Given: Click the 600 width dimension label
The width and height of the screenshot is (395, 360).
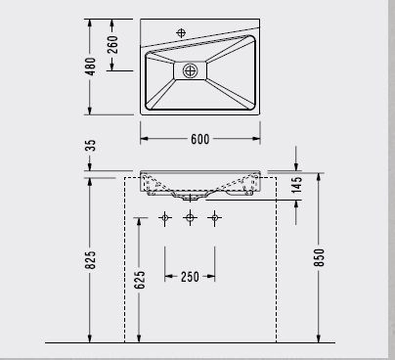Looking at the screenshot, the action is (x=199, y=139).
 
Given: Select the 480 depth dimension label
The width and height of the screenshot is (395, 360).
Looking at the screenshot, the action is (x=90, y=67).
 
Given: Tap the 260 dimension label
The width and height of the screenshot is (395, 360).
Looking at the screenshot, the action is (x=112, y=45).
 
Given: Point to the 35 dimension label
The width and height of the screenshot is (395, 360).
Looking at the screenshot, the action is (x=91, y=146).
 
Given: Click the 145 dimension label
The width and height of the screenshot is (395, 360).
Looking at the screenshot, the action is (x=297, y=185).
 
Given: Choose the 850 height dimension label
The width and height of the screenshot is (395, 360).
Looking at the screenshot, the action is (x=319, y=257).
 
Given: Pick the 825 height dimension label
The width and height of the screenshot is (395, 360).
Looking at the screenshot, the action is (x=90, y=260).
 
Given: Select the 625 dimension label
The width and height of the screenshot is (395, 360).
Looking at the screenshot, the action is (x=139, y=280).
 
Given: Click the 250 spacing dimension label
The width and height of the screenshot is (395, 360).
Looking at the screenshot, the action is (x=190, y=277).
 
